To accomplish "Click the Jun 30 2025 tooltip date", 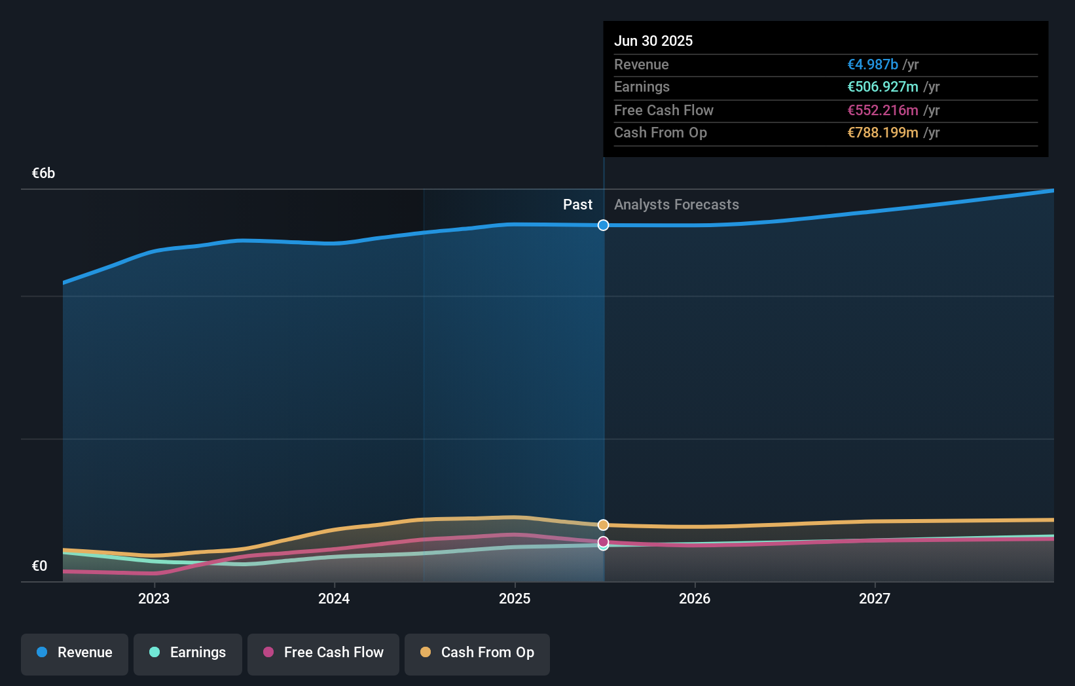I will coord(653,41).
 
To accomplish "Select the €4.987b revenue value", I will coord(872,64).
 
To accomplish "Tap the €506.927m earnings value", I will coord(883,86).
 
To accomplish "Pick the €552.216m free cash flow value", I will coord(883,110).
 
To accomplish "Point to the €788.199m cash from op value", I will coord(883,132).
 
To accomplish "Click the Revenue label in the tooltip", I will coord(641,64).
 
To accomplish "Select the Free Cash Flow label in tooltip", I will coord(663,110).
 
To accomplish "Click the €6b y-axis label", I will coord(43,173).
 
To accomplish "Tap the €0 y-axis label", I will coord(39,566).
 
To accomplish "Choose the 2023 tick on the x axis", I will coord(154,598).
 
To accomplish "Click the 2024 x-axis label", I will coord(334,598).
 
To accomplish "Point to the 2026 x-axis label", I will coord(695,598).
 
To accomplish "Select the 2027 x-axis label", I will coord(875,598).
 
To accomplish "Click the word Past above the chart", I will coord(577,204).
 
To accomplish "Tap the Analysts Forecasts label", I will coord(676,204).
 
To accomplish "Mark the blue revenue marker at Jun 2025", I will coord(603,225).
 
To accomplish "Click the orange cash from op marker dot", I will coord(603,525).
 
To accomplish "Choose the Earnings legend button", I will coord(188,653).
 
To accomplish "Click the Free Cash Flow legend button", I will coord(323,653).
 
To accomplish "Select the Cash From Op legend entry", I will coord(477,653).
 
